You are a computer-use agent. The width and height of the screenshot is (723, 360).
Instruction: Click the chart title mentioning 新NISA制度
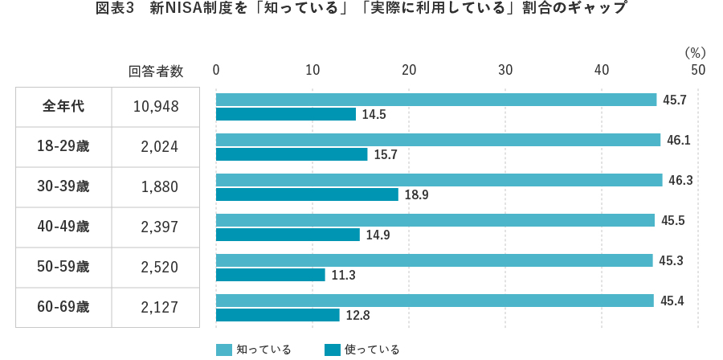361,10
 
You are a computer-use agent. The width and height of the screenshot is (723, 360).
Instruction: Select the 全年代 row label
63,107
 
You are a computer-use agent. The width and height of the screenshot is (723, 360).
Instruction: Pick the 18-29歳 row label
63,147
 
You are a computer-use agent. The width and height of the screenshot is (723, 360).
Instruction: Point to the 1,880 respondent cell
159,187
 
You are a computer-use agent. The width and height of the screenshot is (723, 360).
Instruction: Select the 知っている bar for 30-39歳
439,180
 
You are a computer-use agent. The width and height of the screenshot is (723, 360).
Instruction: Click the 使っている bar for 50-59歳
270,275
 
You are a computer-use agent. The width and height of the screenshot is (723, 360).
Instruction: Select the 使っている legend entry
362,350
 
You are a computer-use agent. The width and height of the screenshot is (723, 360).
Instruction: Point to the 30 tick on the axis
505,71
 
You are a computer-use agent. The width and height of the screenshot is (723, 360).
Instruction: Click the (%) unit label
695,52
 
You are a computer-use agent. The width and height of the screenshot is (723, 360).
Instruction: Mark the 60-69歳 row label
63,307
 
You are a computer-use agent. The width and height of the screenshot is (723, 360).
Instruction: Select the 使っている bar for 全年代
285,114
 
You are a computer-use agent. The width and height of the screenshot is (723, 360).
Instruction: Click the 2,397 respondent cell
159,227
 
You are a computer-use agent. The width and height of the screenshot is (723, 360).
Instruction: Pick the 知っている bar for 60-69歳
435,301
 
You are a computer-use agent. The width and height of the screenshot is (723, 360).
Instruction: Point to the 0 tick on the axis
216,71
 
